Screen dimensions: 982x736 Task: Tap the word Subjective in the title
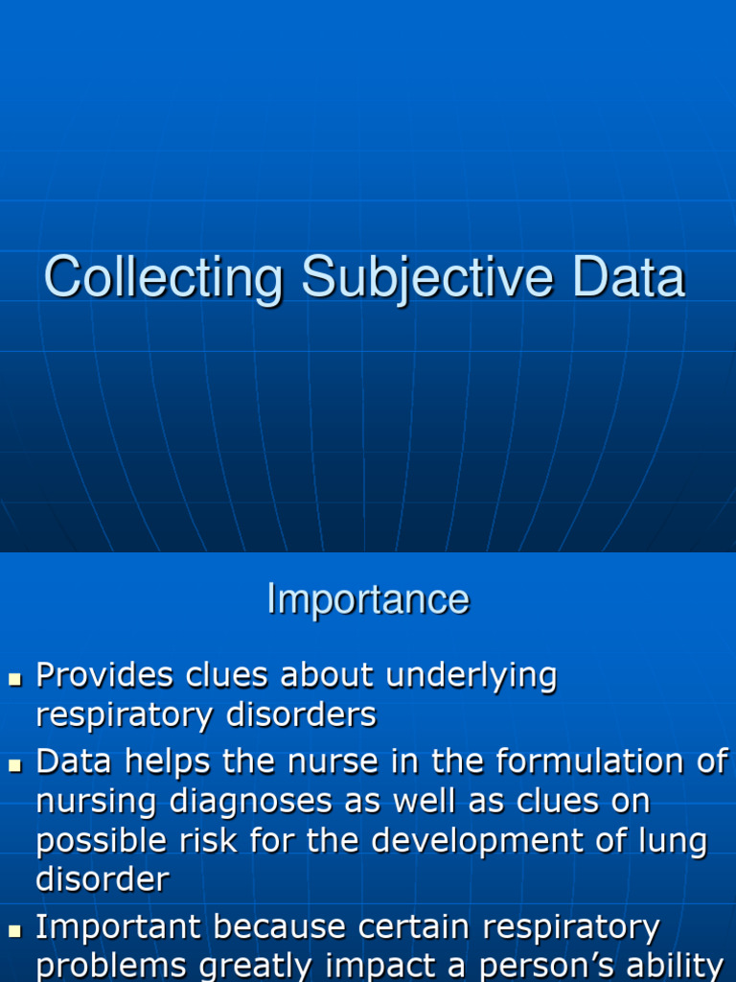point(427,279)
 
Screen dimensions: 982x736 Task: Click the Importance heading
point(368,599)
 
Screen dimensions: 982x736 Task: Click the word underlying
point(471,676)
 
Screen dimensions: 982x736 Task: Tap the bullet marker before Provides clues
point(14,679)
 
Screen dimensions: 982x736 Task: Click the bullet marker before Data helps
point(14,765)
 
